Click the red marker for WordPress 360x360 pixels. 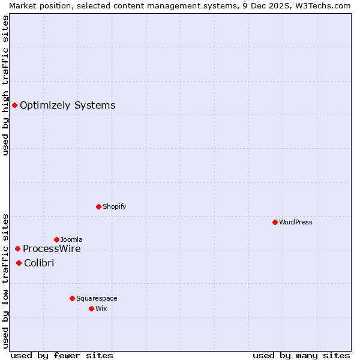(x=275, y=222)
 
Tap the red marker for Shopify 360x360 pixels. (x=98, y=206)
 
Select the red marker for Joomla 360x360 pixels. (x=56, y=239)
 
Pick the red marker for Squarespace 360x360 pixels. (x=72, y=298)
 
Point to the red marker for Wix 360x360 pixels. (x=91, y=308)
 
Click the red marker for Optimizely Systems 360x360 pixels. (x=14, y=106)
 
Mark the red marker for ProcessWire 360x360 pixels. (x=17, y=248)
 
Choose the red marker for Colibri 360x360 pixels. (x=19, y=263)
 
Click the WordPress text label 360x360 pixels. (x=296, y=222)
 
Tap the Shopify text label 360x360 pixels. (x=114, y=206)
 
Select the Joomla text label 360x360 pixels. (x=71, y=239)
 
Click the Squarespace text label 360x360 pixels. (x=97, y=298)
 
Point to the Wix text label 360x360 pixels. (x=101, y=308)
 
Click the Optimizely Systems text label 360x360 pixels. (x=67, y=106)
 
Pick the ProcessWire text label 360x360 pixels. (x=52, y=249)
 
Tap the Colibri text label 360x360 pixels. (x=39, y=263)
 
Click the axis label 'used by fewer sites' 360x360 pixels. (x=62, y=355)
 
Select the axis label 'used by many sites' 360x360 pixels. (x=301, y=355)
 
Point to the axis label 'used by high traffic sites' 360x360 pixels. (x=5, y=85)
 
